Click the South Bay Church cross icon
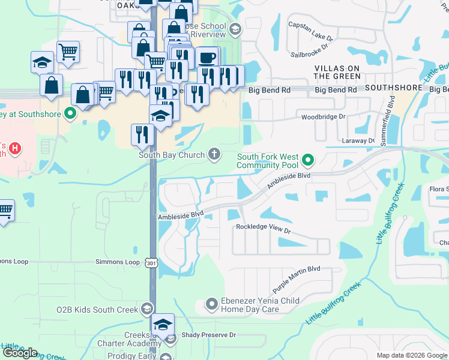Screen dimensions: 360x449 point(214,155)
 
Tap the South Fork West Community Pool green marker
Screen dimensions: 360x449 point(308,160)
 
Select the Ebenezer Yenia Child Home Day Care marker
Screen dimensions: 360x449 point(211,305)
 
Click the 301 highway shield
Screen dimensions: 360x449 point(151,262)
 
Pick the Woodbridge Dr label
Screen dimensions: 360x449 point(324,117)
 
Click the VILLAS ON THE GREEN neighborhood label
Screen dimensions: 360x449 point(337,72)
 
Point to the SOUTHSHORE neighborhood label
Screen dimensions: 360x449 point(394,88)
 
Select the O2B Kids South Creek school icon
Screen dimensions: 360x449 point(146,310)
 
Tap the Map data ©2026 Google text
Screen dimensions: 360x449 point(411,355)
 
